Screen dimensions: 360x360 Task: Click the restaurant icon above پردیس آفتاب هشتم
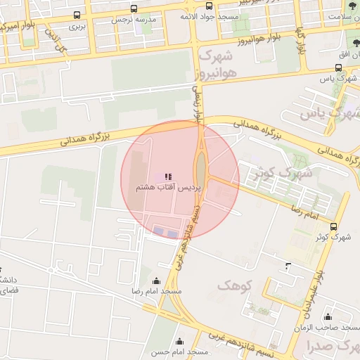coord(167,176)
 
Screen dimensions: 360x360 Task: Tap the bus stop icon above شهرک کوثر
coord(333,226)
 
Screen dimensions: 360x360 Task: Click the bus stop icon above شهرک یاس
coord(339,67)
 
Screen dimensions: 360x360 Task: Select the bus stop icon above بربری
coord(76,15)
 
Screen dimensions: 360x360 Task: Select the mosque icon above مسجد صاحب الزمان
coord(328,316)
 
